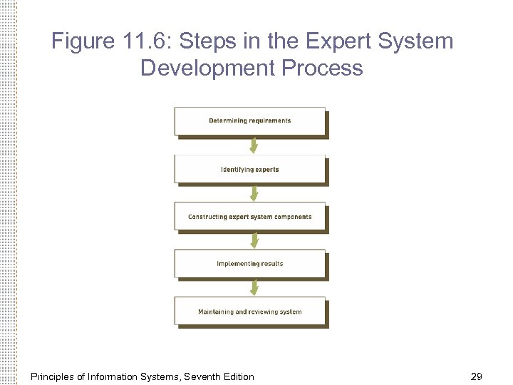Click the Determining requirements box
250,121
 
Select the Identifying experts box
250,170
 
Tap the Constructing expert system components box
250,217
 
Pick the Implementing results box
250,264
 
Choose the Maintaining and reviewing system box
250,312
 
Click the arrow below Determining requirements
253,145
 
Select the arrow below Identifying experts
253,193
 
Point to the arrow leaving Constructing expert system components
253,240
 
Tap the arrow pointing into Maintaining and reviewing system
253,287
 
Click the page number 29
477,376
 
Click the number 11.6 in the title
144,41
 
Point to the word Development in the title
207,68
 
